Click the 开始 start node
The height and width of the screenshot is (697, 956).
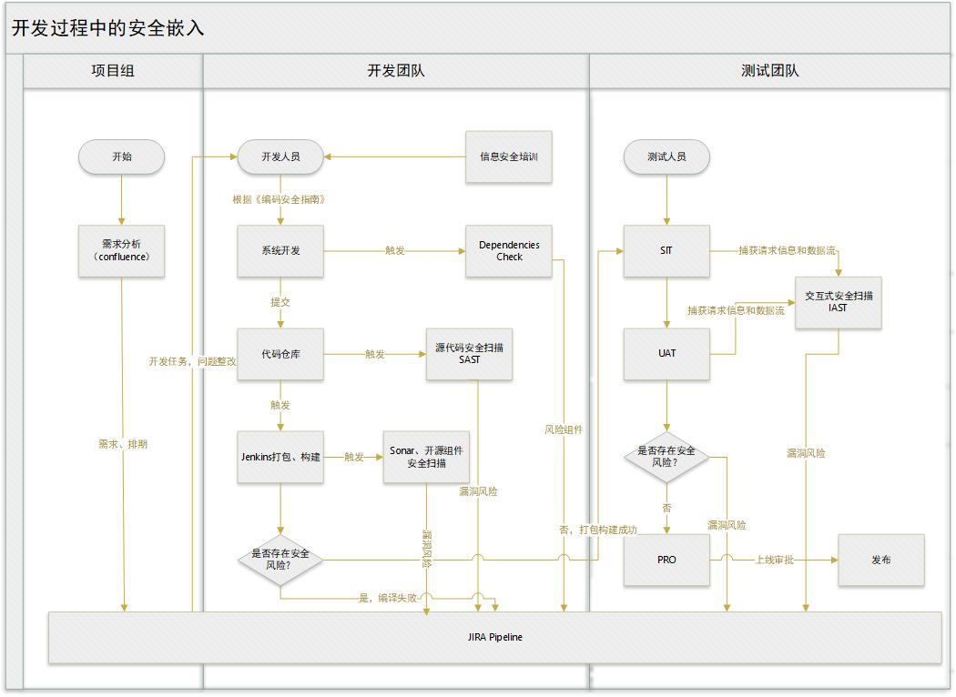121,157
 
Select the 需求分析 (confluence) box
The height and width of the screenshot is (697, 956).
121,251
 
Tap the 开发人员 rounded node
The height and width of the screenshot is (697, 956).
280,157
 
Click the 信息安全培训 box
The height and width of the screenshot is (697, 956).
508,157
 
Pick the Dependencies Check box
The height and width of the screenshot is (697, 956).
508,251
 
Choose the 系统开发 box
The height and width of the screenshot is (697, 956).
280,251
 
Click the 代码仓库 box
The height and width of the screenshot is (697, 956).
280,354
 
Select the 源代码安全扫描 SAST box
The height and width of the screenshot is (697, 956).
469,354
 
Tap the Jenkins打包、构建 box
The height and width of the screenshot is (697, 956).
280,458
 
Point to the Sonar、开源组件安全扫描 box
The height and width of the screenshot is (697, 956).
426,458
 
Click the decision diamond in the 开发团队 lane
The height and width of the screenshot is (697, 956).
280,560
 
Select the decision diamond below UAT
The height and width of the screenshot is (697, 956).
666,458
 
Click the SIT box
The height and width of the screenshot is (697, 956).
666,251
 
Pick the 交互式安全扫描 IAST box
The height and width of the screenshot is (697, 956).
839,302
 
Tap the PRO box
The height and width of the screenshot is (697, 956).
666,560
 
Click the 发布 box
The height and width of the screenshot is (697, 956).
881,560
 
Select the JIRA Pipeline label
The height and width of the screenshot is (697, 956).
495,637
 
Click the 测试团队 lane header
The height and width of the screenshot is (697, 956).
769,71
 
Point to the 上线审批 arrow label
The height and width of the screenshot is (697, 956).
774,560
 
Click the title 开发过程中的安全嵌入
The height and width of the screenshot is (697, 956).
108,28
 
